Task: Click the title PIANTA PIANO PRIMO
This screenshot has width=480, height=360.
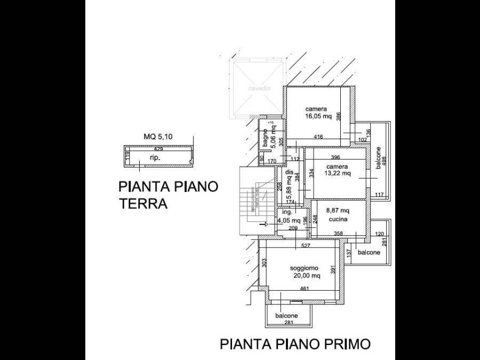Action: tap(295, 344)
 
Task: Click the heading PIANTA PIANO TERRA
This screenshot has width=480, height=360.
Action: tap(168, 195)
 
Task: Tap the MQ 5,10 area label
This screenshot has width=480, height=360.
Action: tap(158, 137)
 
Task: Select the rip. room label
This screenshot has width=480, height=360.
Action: tap(155, 159)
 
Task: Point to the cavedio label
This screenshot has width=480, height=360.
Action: tap(258, 89)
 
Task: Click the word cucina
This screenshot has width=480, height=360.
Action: tap(338, 219)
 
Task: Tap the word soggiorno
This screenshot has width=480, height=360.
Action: tap(304, 268)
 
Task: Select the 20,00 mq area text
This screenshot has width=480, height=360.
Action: tap(306, 276)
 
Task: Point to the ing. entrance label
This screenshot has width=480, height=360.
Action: tap(287, 212)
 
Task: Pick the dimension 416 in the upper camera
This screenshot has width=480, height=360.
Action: tap(318, 137)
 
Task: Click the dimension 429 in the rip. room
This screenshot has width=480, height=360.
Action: tap(158, 149)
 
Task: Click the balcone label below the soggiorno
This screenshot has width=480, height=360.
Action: tap(286, 316)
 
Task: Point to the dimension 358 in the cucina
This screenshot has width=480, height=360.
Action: tap(338, 234)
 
